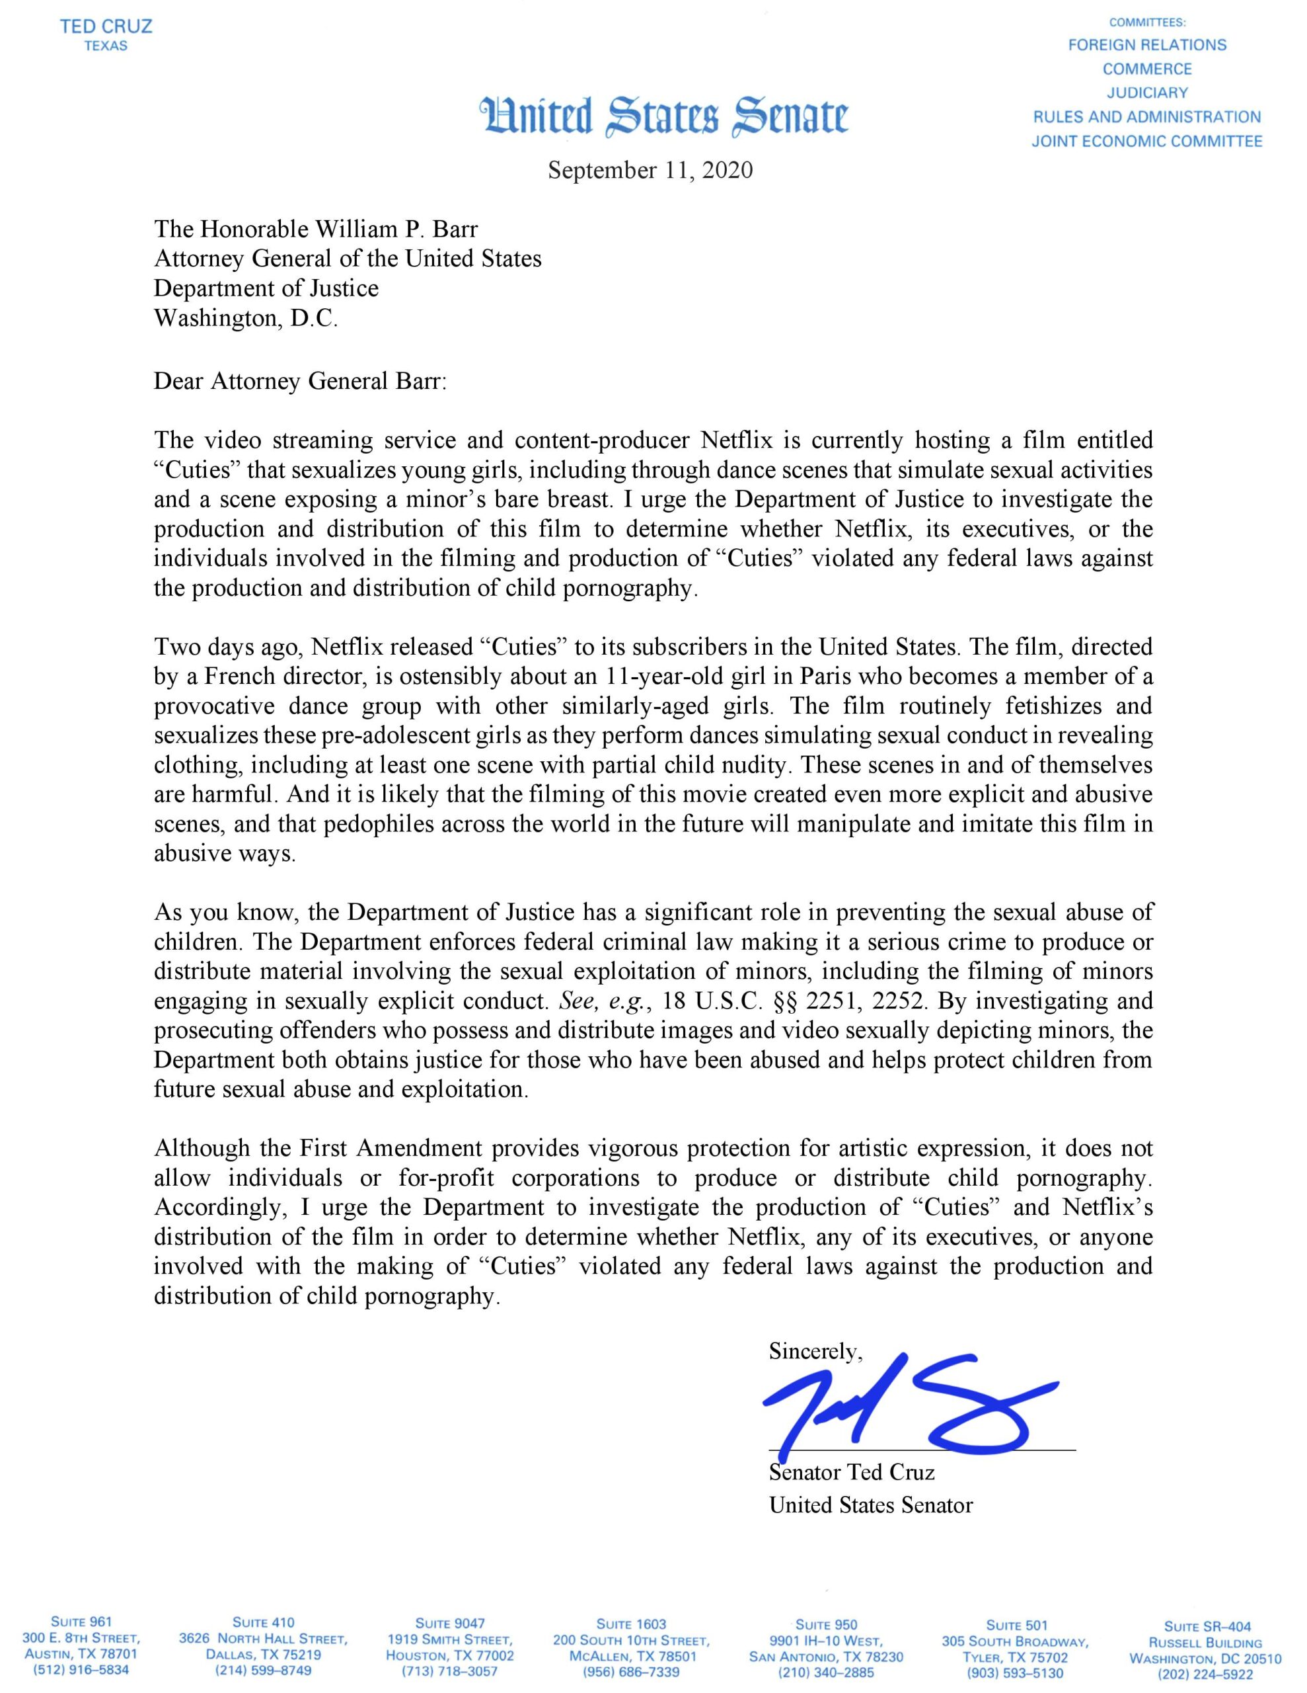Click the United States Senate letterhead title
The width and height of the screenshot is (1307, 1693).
(665, 117)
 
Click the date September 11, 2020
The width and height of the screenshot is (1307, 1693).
(650, 170)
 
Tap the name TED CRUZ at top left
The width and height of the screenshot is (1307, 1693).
(106, 26)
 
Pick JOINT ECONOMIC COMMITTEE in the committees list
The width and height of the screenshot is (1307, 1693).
(1146, 141)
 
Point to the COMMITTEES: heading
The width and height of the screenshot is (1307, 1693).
(1147, 22)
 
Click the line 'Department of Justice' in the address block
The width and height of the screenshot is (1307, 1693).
(266, 288)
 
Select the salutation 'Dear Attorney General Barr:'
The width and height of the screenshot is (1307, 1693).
(301, 382)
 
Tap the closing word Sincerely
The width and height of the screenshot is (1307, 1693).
(815, 1351)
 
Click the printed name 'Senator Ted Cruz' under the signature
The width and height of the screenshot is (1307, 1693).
(852, 1471)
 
